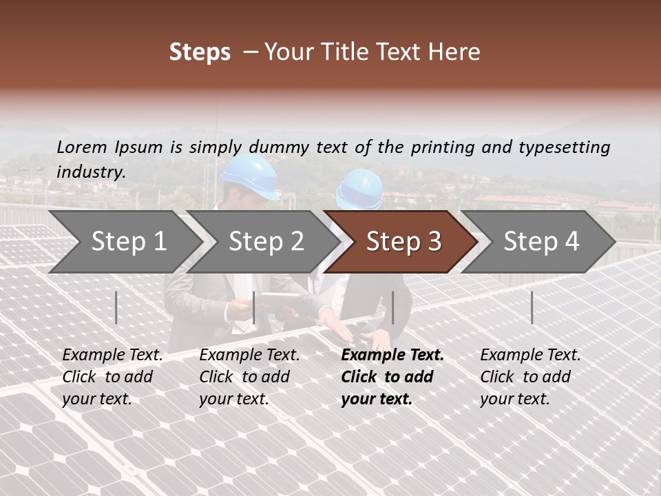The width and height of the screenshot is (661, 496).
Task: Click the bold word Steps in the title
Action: [200, 52]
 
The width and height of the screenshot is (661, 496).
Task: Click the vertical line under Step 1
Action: [116, 307]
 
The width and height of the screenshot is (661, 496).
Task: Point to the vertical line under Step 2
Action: [254, 307]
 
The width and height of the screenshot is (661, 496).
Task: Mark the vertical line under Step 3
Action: [392, 307]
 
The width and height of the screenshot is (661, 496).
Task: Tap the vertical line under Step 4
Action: [532, 307]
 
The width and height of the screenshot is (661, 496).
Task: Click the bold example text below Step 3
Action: [392, 377]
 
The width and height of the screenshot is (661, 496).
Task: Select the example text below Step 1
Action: [112, 377]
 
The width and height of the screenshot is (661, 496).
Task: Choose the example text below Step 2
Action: [249, 377]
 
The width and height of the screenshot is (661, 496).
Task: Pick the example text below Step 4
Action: [530, 377]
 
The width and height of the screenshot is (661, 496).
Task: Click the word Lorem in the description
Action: [82, 147]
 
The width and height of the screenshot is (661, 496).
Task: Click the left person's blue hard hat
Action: [250, 176]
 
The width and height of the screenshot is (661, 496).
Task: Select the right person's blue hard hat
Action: [359, 189]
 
